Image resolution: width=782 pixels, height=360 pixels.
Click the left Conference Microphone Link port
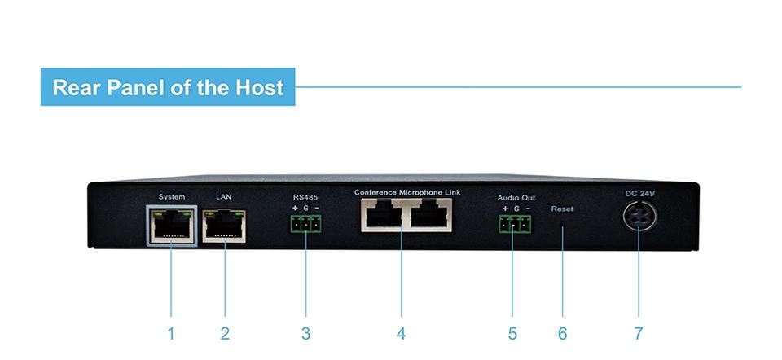point(382,217)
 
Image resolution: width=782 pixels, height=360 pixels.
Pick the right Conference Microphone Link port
point(430,217)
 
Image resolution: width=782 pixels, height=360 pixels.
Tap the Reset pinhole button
point(563,229)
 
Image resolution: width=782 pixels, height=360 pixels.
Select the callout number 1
point(171,333)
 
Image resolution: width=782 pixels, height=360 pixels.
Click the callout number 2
point(225,333)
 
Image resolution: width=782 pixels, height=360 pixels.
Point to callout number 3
point(306,333)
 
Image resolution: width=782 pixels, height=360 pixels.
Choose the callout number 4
point(401,333)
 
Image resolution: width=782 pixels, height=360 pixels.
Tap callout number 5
point(512,333)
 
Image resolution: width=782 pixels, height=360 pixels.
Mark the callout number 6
point(562,333)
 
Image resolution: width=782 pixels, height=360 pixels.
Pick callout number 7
point(638,333)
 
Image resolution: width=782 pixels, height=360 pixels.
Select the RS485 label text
point(305,197)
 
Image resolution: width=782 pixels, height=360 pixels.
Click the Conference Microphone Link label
point(407,192)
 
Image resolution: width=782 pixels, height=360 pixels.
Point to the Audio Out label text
point(516,198)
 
